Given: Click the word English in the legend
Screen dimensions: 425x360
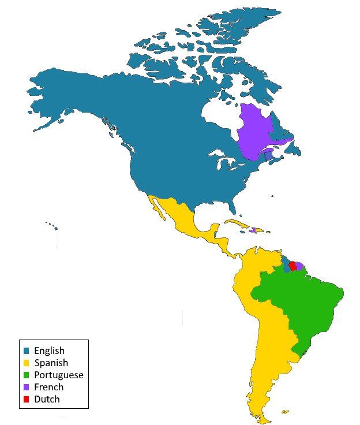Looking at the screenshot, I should click(x=49, y=351).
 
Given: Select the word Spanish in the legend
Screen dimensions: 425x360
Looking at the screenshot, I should click(x=51, y=363).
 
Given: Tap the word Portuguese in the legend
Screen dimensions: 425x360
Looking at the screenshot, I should click(x=58, y=375).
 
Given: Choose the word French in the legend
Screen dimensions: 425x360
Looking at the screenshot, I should click(x=48, y=387).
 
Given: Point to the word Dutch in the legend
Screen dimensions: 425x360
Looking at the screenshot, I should click(x=47, y=399).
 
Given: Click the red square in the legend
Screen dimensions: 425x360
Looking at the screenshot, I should click(x=26, y=400).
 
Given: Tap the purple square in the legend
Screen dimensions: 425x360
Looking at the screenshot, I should click(x=26, y=387).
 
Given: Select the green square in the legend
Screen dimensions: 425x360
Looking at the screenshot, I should click(x=26, y=375).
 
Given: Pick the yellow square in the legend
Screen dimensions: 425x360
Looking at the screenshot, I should click(x=26, y=363).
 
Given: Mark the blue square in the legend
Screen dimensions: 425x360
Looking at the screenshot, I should click(x=26, y=351).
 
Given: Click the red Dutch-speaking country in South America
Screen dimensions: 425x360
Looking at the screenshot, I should click(x=292, y=266).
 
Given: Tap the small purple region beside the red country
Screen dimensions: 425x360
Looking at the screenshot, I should click(x=299, y=266).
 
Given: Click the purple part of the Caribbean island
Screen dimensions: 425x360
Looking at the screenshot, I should click(x=253, y=230).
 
